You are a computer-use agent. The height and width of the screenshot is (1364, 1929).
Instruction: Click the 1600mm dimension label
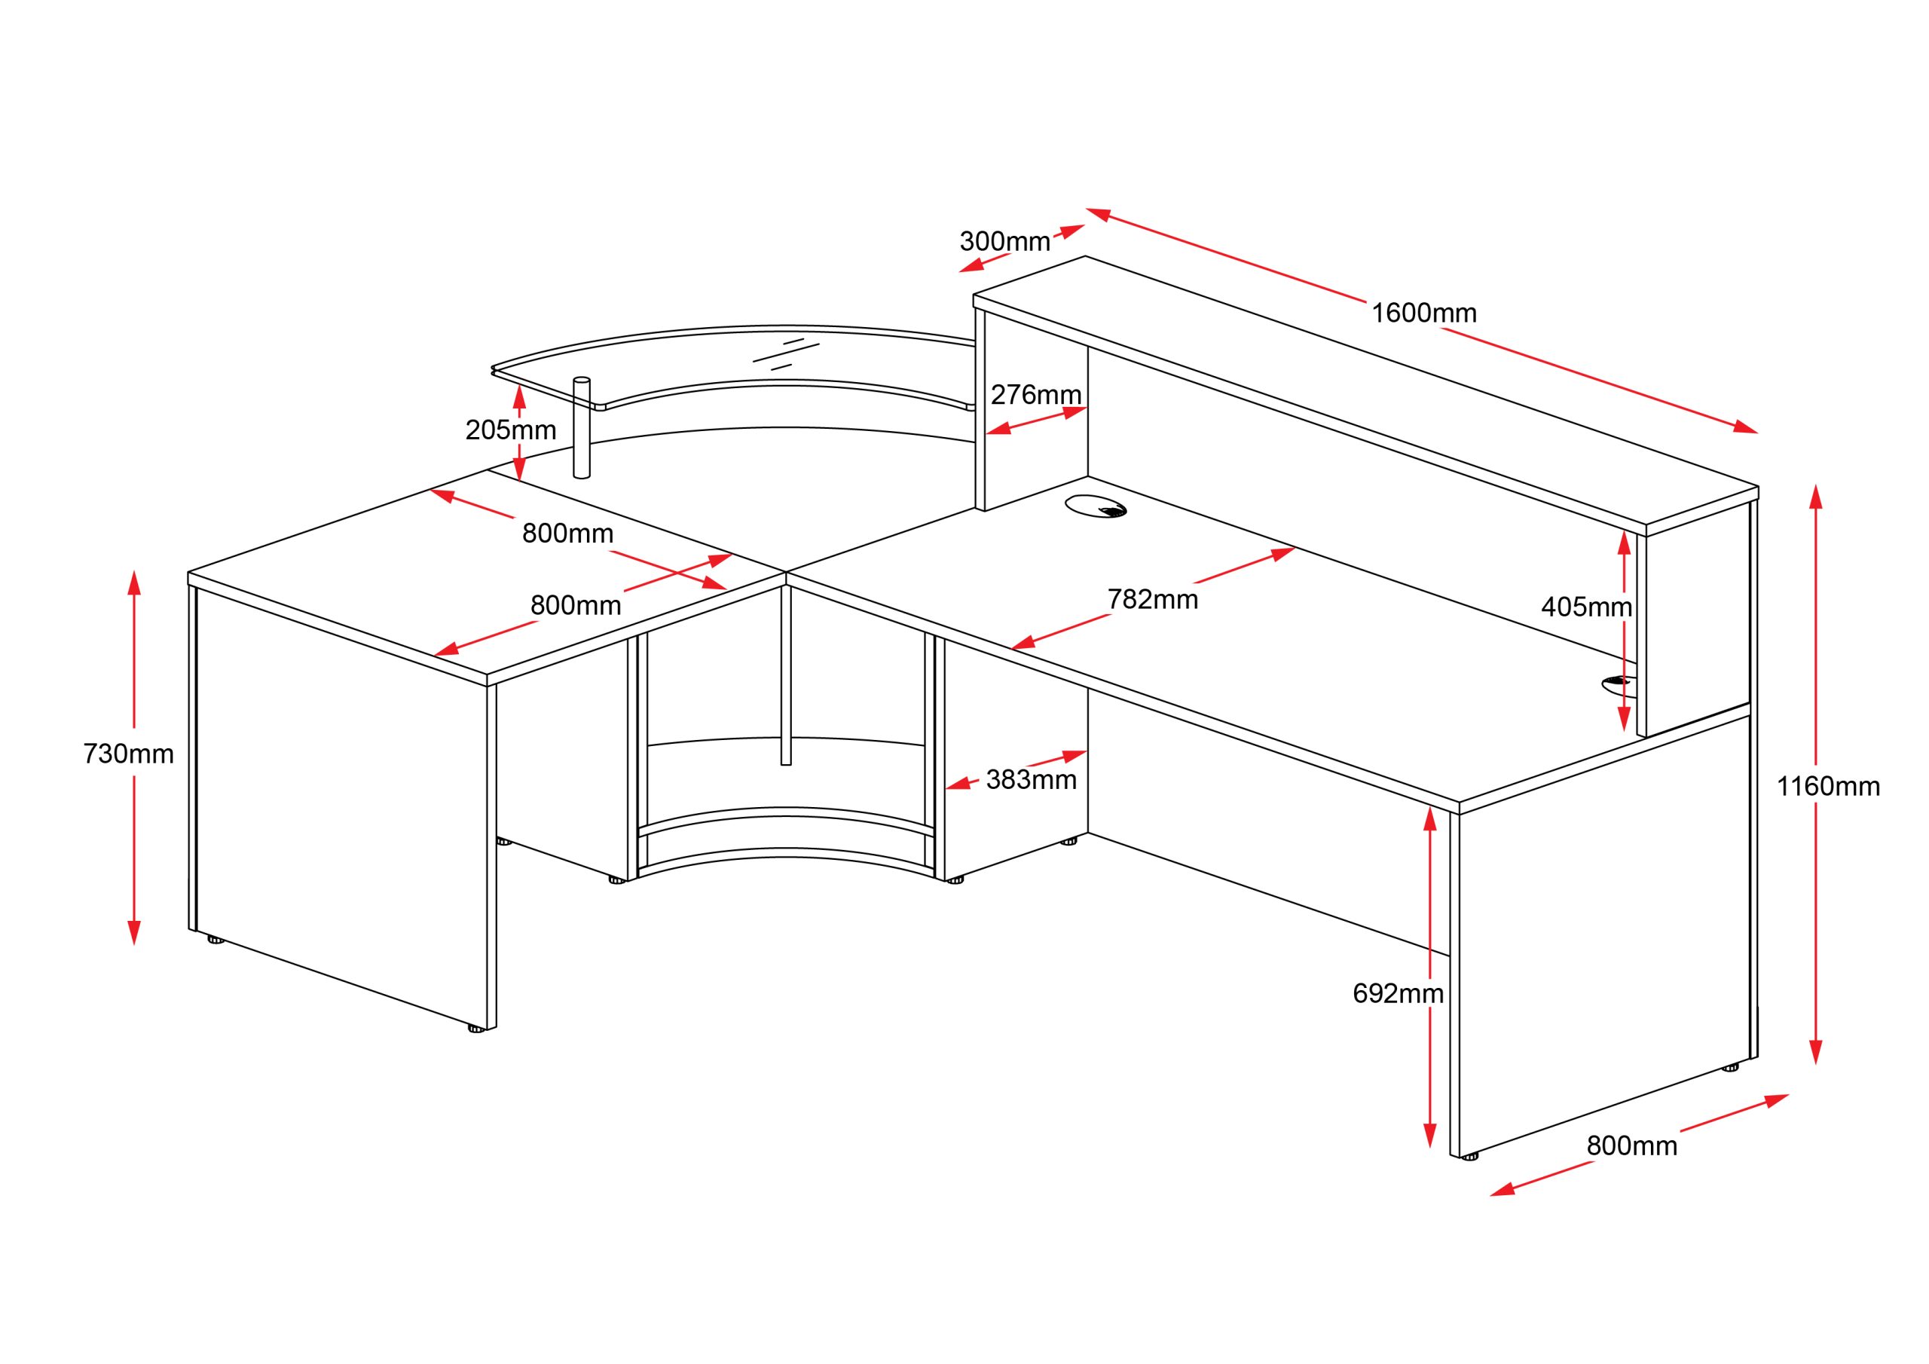tap(1424, 313)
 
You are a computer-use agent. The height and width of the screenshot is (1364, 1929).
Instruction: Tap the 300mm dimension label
tap(1005, 242)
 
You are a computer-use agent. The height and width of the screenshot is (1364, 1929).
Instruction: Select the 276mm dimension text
tap(1036, 395)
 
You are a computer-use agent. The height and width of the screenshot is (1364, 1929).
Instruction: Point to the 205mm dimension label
tap(511, 430)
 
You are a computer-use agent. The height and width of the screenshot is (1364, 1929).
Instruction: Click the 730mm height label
tap(129, 754)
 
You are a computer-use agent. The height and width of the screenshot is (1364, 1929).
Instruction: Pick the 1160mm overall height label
tap(1828, 787)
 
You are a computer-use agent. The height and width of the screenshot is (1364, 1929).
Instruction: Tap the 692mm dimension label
tap(1398, 994)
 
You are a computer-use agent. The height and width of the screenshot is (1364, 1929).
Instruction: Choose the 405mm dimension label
tap(1587, 607)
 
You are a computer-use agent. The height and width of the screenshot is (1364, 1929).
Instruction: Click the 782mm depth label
tap(1153, 600)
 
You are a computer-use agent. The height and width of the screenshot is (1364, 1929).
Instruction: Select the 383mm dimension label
tap(1032, 781)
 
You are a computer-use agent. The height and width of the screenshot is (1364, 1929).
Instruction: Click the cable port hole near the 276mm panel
tap(1096, 506)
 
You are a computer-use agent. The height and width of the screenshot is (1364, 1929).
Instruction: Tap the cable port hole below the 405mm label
tap(1618, 686)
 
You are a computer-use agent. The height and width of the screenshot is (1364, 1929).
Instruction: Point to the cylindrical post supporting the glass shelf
tap(582, 428)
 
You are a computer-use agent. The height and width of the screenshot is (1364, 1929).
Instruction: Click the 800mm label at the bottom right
tap(1631, 1146)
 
